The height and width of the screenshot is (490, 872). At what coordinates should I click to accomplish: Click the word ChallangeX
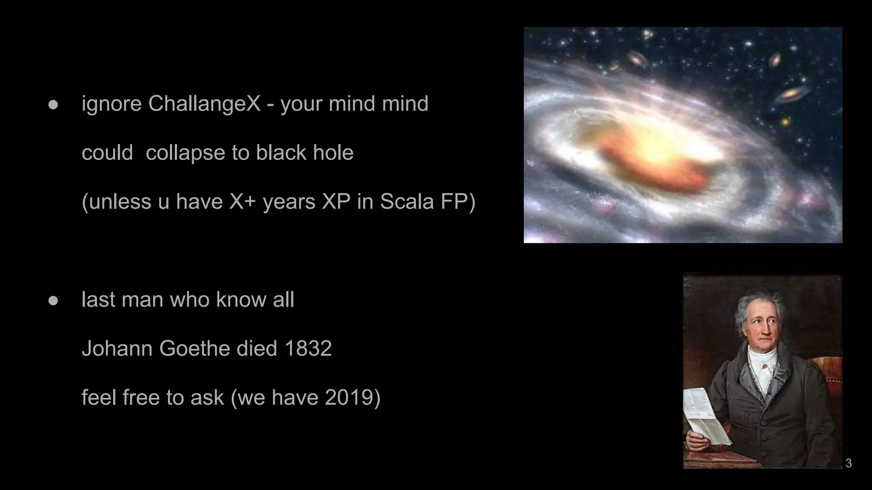[x=204, y=104]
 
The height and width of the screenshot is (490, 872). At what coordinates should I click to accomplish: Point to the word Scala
[x=407, y=202]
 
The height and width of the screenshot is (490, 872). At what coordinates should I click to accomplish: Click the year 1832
[x=308, y=348]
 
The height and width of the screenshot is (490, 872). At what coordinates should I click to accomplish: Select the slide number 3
[x=848, y=463]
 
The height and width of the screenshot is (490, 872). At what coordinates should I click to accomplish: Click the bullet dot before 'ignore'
[x=53, y=105]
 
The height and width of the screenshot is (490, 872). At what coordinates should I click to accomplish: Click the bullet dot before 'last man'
[x=53, y=301]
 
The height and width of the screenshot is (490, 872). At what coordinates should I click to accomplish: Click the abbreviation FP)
[x=458, y=202]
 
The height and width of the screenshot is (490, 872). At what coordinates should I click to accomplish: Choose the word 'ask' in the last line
[x=207, y=398]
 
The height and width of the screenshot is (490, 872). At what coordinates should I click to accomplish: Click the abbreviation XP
[x=336, y=202]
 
